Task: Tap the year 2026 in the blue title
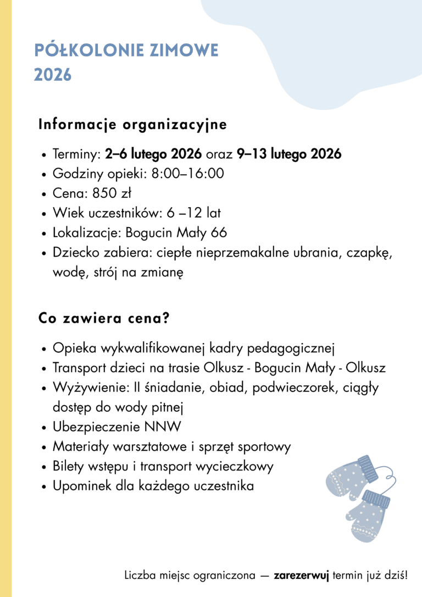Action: click(53, 75)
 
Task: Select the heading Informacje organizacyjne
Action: click(132, 125)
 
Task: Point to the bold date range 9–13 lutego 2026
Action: click(289, 154)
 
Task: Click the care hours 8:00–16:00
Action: click(187, 174)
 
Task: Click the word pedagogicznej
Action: click(291, 349)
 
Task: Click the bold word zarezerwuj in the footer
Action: click(301, 576)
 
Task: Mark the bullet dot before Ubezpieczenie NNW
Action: click(44, 428)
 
